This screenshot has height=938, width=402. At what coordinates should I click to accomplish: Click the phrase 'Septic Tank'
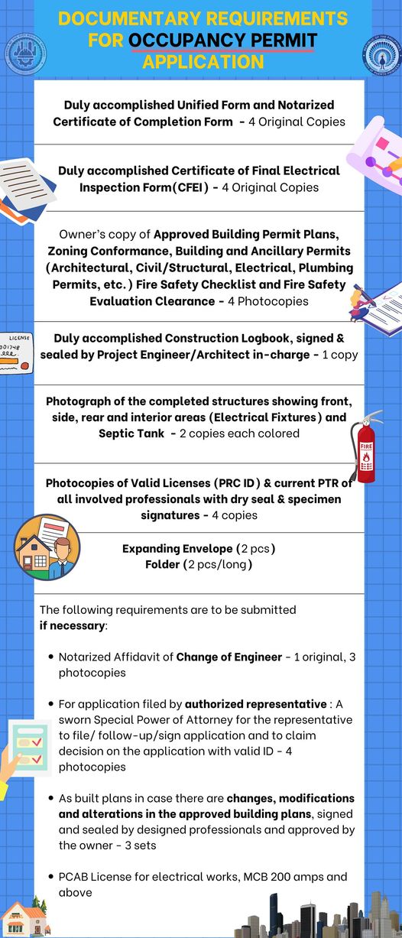[133, 433]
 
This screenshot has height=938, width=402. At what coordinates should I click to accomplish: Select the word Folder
[163, 564]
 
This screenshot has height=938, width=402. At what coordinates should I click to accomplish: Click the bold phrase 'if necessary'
[73, 625]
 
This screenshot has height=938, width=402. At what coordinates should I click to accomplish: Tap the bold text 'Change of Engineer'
[229, 657]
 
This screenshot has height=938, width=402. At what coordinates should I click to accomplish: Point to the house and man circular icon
[47, 548]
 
